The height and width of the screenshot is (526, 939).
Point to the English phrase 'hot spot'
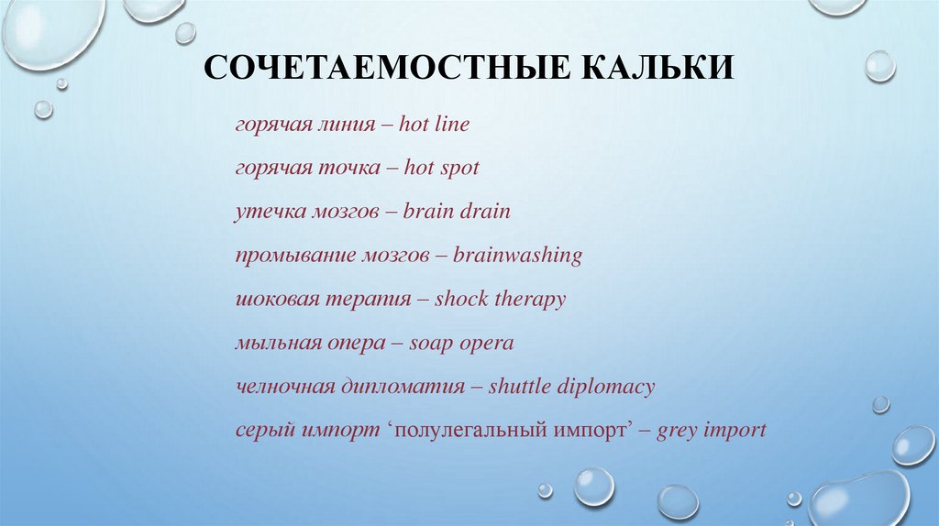[x=441, y=169]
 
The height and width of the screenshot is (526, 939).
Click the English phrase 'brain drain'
[x=457, y=212]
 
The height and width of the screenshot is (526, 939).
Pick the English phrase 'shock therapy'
[x=500, y=300]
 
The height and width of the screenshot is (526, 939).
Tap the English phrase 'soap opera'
[x=461, y=344]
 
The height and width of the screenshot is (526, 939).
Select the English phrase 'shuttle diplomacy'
[x=571, y=387]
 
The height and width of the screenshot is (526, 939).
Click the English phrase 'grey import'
[x=712, y=430]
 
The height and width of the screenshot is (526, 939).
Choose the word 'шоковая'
[x=273, y=300]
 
